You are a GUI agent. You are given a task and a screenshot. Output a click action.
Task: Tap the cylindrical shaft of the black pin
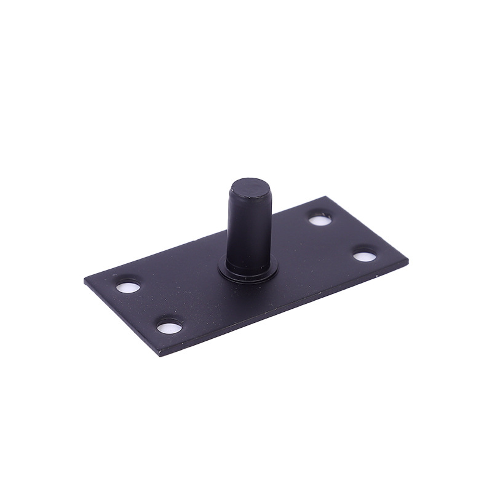[248, 228]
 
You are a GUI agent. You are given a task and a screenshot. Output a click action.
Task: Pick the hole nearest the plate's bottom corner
[170, 327]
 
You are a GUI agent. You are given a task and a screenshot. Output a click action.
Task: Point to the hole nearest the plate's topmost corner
[319, 219]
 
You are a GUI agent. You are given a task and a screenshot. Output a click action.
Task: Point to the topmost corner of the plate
[325, 197]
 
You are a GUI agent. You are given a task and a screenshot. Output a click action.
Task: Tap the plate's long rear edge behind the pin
[184, 244]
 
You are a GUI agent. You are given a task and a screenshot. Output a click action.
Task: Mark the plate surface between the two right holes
[341, 237]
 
